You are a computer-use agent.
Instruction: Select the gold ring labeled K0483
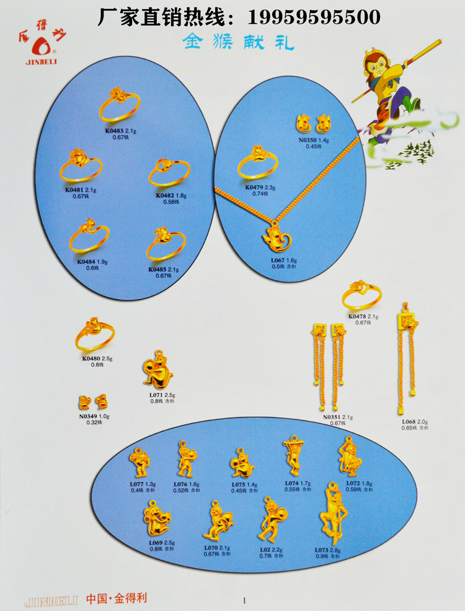coord(119,105)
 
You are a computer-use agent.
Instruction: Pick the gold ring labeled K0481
coord(81,166)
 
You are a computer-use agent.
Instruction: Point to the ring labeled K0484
coord(89,236)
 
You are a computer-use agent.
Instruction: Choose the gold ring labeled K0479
coord(257,162)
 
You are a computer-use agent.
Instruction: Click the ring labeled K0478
coord(361,296)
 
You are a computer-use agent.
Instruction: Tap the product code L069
coord(155,542)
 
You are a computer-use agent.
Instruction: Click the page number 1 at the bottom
coord(244,600)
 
